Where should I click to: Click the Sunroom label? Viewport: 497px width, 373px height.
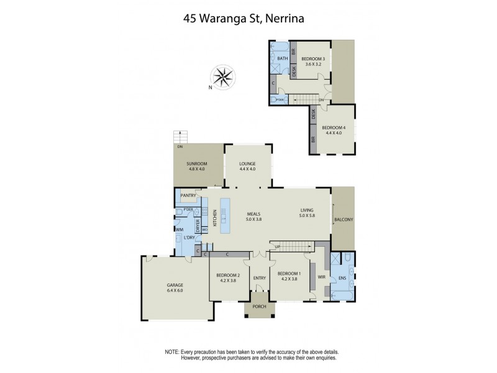pyautogui.click(x=196, y=165)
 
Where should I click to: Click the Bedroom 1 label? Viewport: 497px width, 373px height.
pyautogui.click(x=289, y=274)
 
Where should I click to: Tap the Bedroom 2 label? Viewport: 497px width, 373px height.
pyautogui.click(x=228, y=275)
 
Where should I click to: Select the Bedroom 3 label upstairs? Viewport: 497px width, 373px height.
pyautogui.click(x=314, y=59)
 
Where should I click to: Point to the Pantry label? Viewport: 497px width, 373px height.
pyautogui.click(x=188, y=196)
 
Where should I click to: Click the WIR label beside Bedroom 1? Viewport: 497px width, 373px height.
pyautogui.click(x=321, y=277)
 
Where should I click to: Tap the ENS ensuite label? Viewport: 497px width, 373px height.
pyautogui.click(x=341, y=277)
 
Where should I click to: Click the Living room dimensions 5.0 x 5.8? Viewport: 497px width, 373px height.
pyautogui.click(x=308, y=216)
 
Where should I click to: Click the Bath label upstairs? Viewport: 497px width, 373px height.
pyautogui.click(x=282, y=59)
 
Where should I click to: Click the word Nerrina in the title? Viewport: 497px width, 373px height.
pyautogui.click(x=285, y=19)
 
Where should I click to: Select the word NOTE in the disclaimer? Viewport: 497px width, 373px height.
pyautogui.click(x=172, y=352)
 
